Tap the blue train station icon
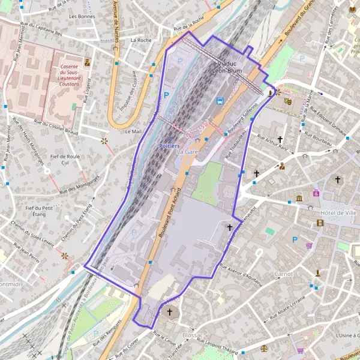[x=220, y=101]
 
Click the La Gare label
[x=187, y=152]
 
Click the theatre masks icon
[x=288, y=102]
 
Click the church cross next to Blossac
[x=170, y=311]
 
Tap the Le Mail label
[x=133, y=131]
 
